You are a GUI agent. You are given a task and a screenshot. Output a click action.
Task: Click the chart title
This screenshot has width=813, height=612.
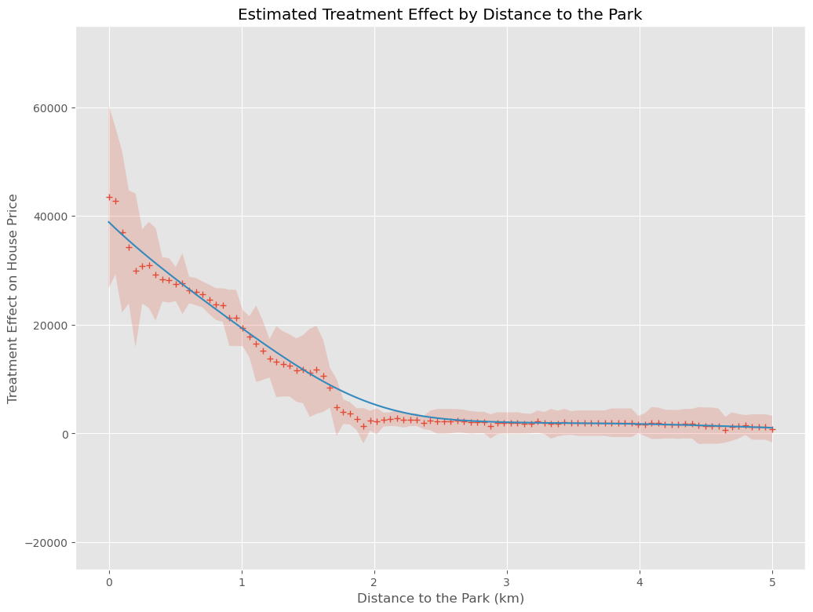tap(439, 14)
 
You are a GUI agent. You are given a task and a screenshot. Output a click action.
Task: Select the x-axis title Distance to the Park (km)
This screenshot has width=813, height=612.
tap(440, 598)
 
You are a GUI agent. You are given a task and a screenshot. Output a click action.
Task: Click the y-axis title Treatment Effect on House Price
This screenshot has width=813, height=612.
tap(13, 298)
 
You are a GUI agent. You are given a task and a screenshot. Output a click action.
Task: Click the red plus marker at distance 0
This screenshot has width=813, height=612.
tap(109, 197)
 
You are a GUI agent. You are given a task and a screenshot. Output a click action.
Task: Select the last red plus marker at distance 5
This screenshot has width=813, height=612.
tap(772, 429)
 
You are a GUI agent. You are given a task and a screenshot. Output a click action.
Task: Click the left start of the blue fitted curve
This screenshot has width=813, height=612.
tap(109, 222)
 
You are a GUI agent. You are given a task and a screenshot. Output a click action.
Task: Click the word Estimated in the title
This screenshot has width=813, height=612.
tap(272, 14)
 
